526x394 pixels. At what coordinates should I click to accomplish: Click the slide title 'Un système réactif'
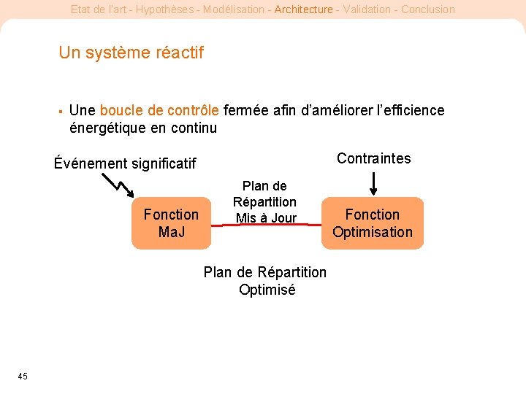click(131, 53)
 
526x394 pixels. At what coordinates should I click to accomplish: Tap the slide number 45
click(23, 376)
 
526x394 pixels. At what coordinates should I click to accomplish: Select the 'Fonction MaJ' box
click(171, 223)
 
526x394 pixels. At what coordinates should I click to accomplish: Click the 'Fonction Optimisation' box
click(373, 223)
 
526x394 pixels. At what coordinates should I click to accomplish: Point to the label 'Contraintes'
click(373, 158)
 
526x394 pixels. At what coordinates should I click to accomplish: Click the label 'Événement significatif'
click(125, 163)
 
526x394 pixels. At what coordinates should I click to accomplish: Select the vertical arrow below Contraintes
click(373, 182)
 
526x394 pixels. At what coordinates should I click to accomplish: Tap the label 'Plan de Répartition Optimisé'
click(265, 281)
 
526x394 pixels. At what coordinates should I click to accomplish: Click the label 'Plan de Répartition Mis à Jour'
click(264, 202)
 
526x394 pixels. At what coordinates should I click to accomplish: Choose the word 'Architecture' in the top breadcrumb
click(303, 9)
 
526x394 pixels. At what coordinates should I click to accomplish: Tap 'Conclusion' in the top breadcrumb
click(427, 9)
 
